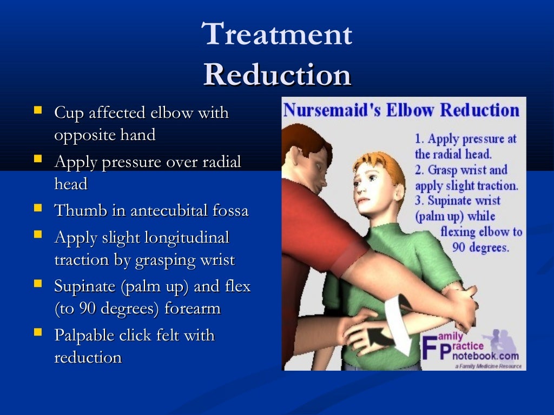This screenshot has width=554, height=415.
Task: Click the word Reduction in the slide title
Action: [x=277, y=75]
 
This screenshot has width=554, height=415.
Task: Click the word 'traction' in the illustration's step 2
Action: [x=491, y=185]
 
